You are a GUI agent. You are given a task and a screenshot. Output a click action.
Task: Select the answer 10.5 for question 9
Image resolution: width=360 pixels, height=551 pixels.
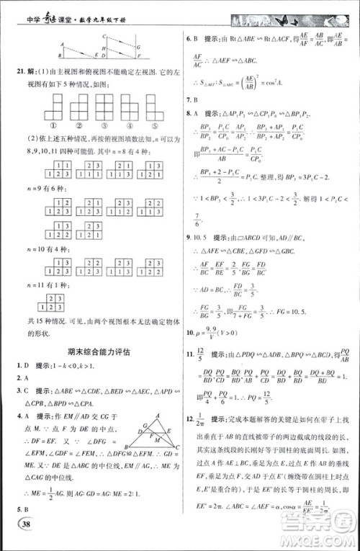202,236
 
